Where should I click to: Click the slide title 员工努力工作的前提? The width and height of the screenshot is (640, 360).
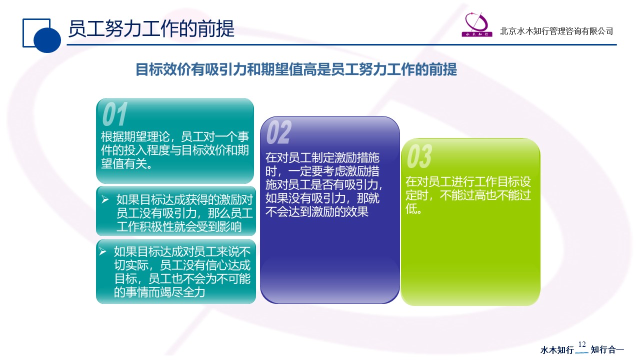point(151,29)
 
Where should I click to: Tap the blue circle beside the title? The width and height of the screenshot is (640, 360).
point(47,39)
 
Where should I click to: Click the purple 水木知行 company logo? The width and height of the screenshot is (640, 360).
point(476,24)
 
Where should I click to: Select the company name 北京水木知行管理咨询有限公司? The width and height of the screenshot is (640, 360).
point(556,31)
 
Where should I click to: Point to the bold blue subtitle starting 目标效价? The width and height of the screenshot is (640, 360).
point(296,69)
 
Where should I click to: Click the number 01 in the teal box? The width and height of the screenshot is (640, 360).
point(115,114)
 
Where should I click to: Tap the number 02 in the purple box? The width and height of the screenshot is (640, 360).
point(279,132)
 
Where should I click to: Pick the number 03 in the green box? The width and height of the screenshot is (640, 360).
point(419,156)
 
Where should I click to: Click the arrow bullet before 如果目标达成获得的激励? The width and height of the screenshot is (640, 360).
point(105,199)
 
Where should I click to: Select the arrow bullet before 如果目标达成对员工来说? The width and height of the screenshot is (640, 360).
point(102,251)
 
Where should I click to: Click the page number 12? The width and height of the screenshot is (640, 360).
point(582,344)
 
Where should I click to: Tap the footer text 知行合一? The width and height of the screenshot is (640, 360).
point(607,349)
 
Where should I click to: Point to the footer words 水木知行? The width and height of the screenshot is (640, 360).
point(557,349)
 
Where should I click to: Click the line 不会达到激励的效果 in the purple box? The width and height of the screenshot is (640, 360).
point(317,211)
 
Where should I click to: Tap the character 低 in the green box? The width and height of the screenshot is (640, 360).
point(411,208)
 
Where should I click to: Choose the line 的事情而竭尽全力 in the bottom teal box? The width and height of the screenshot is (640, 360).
point(159,292)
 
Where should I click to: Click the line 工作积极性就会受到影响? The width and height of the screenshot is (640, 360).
point(179,227)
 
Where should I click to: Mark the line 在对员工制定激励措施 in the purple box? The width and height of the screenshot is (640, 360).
point(322,157)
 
